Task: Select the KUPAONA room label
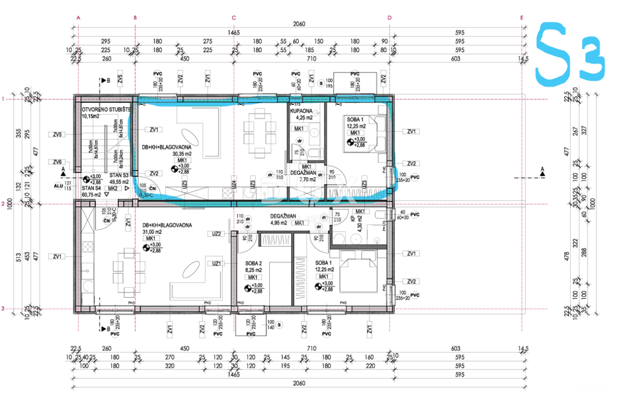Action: pyautogui.click(x=301, y=111)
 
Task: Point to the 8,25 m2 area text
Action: pyautogui.click(x=253, y=269)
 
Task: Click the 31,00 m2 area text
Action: pyautogui.click(x=151, y=232)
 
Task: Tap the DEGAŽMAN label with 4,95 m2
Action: pyautogui.click(x=283, y=216)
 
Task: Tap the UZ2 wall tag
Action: pyautogui.click(x=216, y=234)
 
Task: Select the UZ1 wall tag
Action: pyautogui.click(x=216, y=264)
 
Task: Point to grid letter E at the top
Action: pyautogui.click(x=522, y=18)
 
